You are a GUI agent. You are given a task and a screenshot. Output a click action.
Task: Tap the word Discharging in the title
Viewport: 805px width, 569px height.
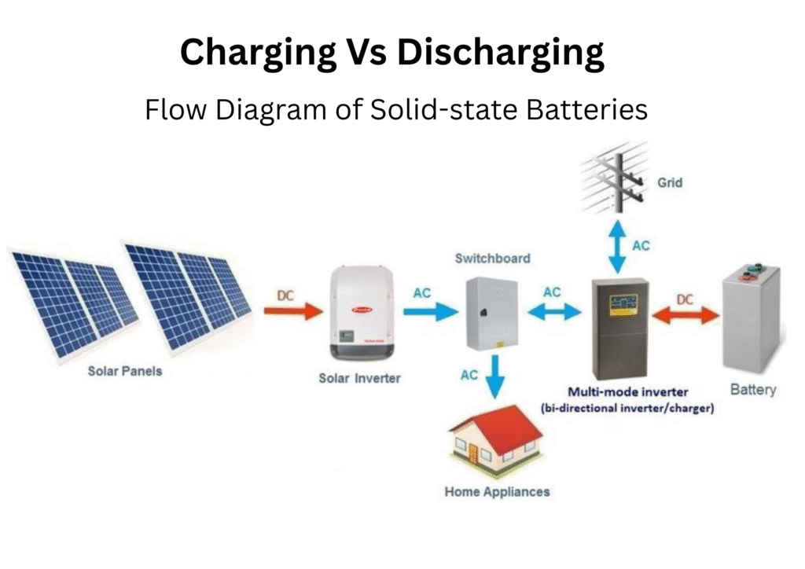[x=501, y=53]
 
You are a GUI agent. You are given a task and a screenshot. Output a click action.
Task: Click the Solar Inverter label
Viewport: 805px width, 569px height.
[x=359, y=378]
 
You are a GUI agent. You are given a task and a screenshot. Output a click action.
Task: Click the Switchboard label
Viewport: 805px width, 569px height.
[x=492, y=258]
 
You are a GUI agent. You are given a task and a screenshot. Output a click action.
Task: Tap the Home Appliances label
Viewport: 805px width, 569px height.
[x=497, y=492]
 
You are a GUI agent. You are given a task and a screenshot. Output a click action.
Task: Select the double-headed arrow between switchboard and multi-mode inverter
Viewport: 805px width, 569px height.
[x=553, y=312]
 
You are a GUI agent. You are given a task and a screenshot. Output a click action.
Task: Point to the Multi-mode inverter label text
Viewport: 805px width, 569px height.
[x=627, y=391]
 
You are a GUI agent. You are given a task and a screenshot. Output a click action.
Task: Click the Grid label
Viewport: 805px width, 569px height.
[x=669, y=182]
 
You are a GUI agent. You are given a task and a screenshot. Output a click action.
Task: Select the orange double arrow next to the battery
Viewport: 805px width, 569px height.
[x=685, y=315]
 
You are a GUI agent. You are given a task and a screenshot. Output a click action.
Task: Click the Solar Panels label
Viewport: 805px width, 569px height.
[x=125, y=370]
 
